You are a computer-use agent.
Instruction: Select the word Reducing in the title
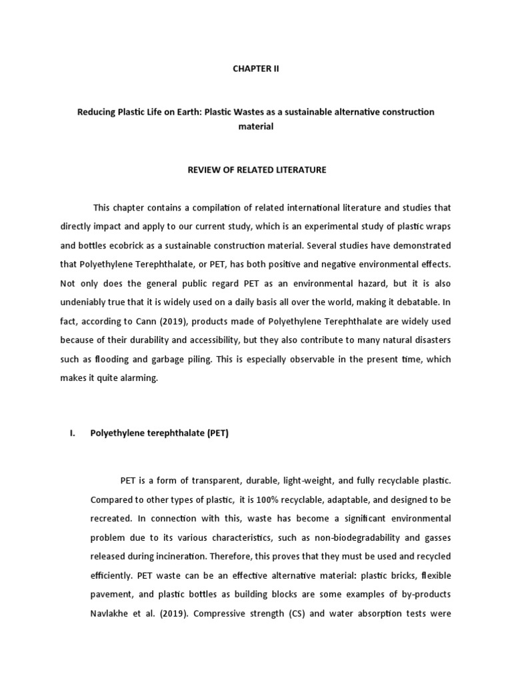click(x=98, y=112)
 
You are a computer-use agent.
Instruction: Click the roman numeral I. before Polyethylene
click(x=73, y=433)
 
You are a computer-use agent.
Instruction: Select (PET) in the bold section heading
click(x=217, y=433)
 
